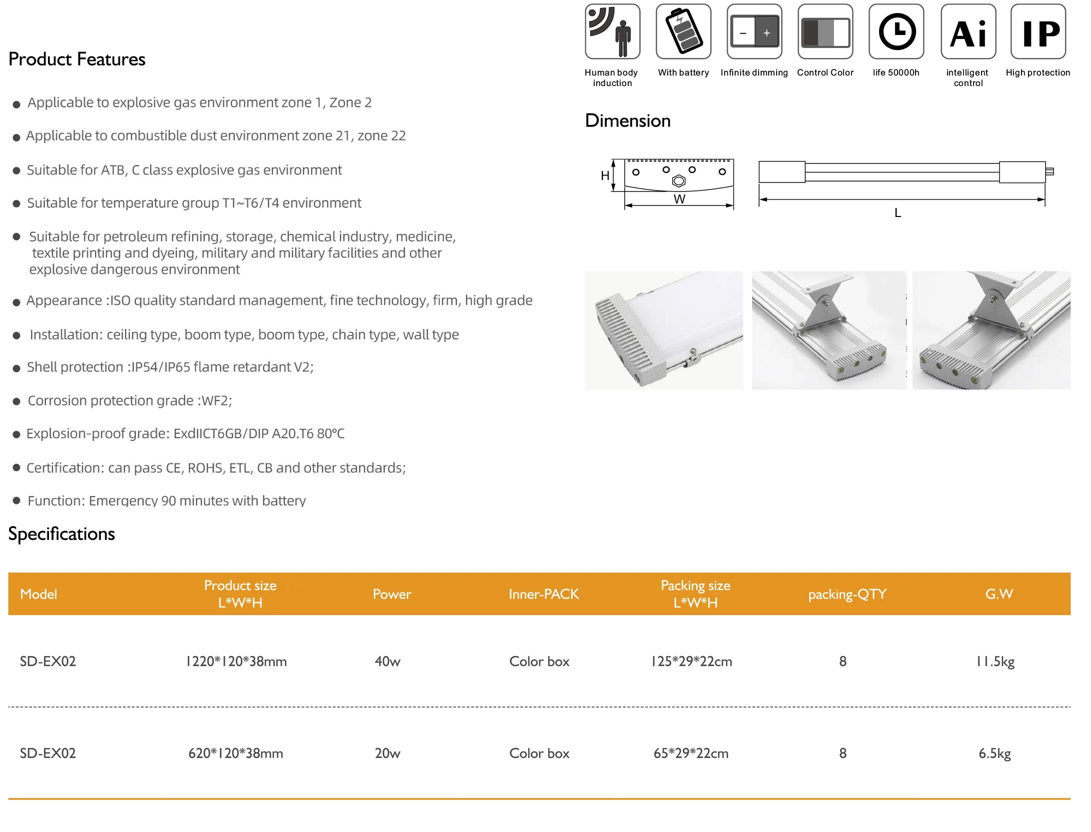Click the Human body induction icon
(x=612, y=31)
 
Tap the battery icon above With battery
(x=683, y=31)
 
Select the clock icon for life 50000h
(x=897, y=31)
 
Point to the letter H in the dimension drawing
(x=605, y=175)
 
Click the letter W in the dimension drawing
(x=679, y=199)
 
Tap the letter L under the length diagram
(x=898, y=213)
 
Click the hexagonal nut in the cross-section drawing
(x=679, y=181)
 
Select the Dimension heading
(x=628, y=121)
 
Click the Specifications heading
(x=61, y=534)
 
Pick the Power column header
(x=392, y=594)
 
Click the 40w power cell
(x=387, y=661)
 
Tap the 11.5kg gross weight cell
(x=995, y=661)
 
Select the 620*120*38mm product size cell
(x=235, y=753)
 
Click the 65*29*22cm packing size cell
(x=691, y=753)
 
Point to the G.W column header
(x=999, y=594)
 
